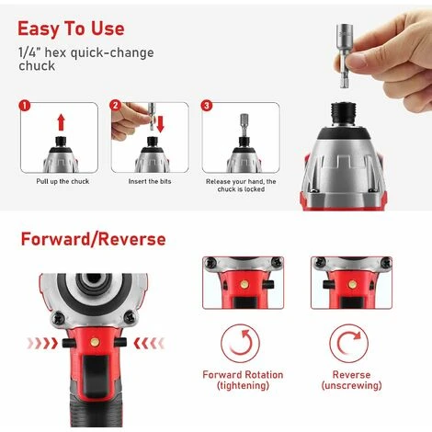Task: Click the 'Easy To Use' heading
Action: (71, 28)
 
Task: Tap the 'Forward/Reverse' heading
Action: (93, 239)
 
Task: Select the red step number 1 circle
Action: (25, 106)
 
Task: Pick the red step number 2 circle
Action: (115, 106)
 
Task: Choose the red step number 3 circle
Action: (207, 106)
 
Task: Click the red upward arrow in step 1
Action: (62, 122)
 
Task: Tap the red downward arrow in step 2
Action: (160, 124)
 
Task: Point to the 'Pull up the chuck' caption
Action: (63, 181)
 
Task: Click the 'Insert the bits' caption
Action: (150, 181)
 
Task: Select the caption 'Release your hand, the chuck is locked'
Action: (241, 186)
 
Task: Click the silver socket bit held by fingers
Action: (346, 56)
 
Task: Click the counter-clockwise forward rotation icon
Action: (240, 344)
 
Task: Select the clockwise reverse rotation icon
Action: (348, 344)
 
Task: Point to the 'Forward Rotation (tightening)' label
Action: (243, 380)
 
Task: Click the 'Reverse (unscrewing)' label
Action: (351, 380)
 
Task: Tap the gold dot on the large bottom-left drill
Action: (95, 342)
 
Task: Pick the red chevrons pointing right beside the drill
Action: (42, 344)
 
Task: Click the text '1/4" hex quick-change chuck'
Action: (86, 59)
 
